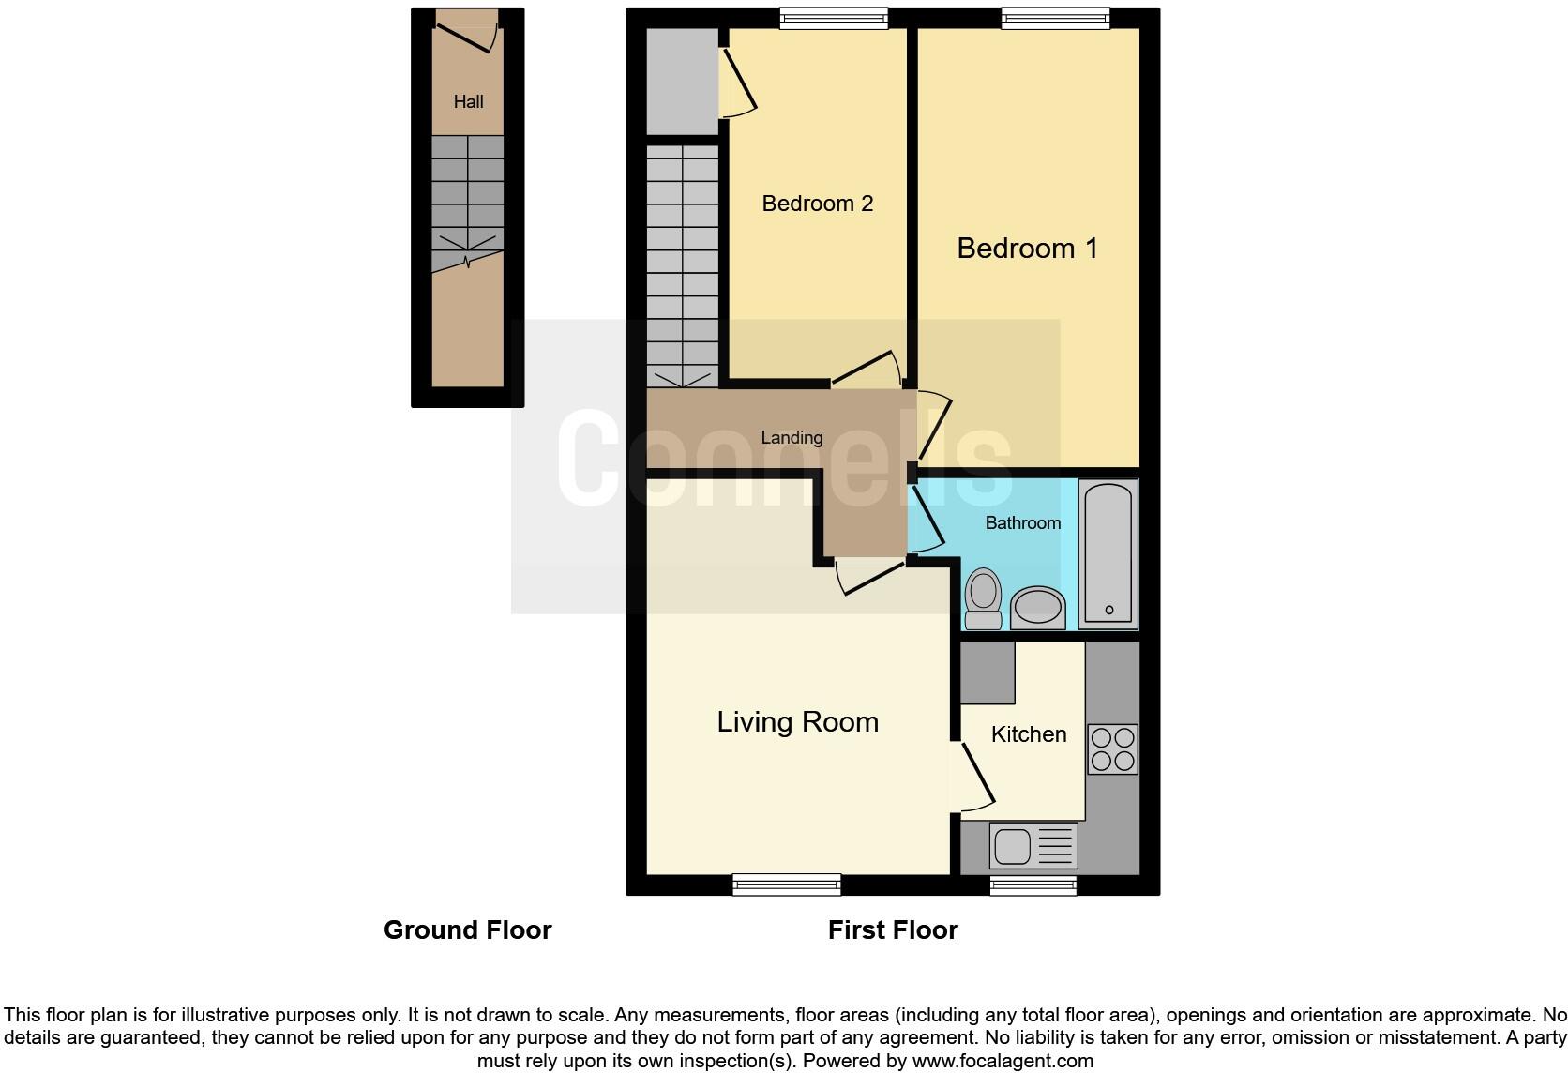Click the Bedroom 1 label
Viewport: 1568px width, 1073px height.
point(1027,249)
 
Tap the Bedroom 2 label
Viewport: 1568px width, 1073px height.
point(817,204)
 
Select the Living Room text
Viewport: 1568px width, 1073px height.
point(797,722)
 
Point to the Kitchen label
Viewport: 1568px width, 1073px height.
point(1029,734)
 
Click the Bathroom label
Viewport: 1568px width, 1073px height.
point(1022,523)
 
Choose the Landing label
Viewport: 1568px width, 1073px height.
point(792,438)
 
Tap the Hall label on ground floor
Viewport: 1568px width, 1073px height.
point(468,102)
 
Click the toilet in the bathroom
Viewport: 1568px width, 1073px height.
point(983,598)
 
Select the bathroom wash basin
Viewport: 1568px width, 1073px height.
point(1037,607)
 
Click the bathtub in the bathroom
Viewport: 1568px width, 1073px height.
point(1108,553)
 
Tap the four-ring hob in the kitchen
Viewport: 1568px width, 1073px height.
point(1113,748)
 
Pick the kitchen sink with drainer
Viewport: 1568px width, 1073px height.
point(1033,845)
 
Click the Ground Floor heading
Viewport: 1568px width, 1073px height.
point(467,930)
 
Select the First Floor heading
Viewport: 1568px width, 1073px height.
point(892,930)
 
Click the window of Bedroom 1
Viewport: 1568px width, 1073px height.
point(1055,18)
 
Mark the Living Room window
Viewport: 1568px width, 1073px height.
point(786,884)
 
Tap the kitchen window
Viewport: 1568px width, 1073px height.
point(1033,884)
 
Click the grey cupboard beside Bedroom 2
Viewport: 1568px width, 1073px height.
point(682,82)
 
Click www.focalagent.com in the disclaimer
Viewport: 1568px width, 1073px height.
point(1002,1062)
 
